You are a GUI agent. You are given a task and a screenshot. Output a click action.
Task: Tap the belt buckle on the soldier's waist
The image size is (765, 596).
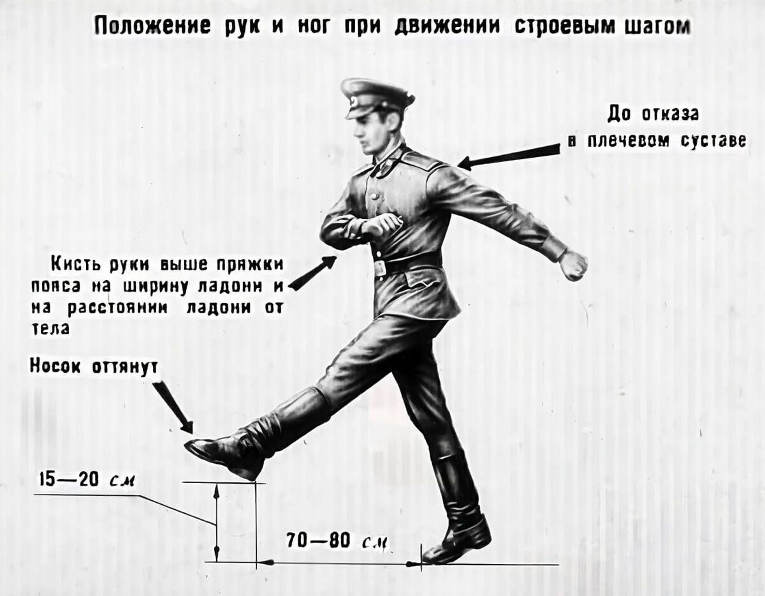380,267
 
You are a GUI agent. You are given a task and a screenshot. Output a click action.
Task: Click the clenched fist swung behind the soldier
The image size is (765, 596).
573,265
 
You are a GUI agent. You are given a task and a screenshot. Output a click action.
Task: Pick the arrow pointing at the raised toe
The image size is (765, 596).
172,406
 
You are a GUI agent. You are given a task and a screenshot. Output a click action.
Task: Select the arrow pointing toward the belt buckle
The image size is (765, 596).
313,273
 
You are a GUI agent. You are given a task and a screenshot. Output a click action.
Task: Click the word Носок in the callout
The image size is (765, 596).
54,366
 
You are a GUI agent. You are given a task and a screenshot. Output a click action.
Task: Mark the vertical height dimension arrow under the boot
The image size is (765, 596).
216,522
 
